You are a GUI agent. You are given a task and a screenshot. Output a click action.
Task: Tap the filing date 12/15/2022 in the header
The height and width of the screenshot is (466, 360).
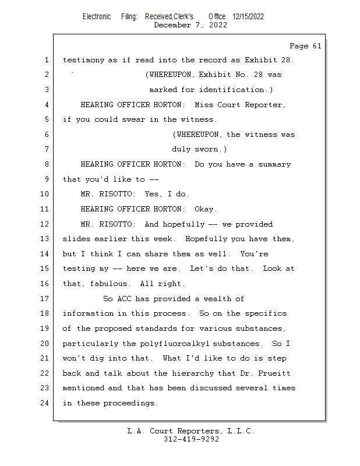point(248,16)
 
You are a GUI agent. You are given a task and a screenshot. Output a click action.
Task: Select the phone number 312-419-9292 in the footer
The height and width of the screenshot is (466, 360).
point(191,439)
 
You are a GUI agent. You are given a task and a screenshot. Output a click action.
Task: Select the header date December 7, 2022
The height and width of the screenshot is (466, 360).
point(190,25)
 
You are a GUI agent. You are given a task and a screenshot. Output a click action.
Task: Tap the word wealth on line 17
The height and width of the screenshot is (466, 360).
point(217,298)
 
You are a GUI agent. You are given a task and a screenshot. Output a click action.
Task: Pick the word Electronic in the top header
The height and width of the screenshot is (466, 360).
point(97,16)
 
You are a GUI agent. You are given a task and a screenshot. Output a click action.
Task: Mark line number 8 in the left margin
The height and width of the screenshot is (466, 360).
point(46,164)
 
